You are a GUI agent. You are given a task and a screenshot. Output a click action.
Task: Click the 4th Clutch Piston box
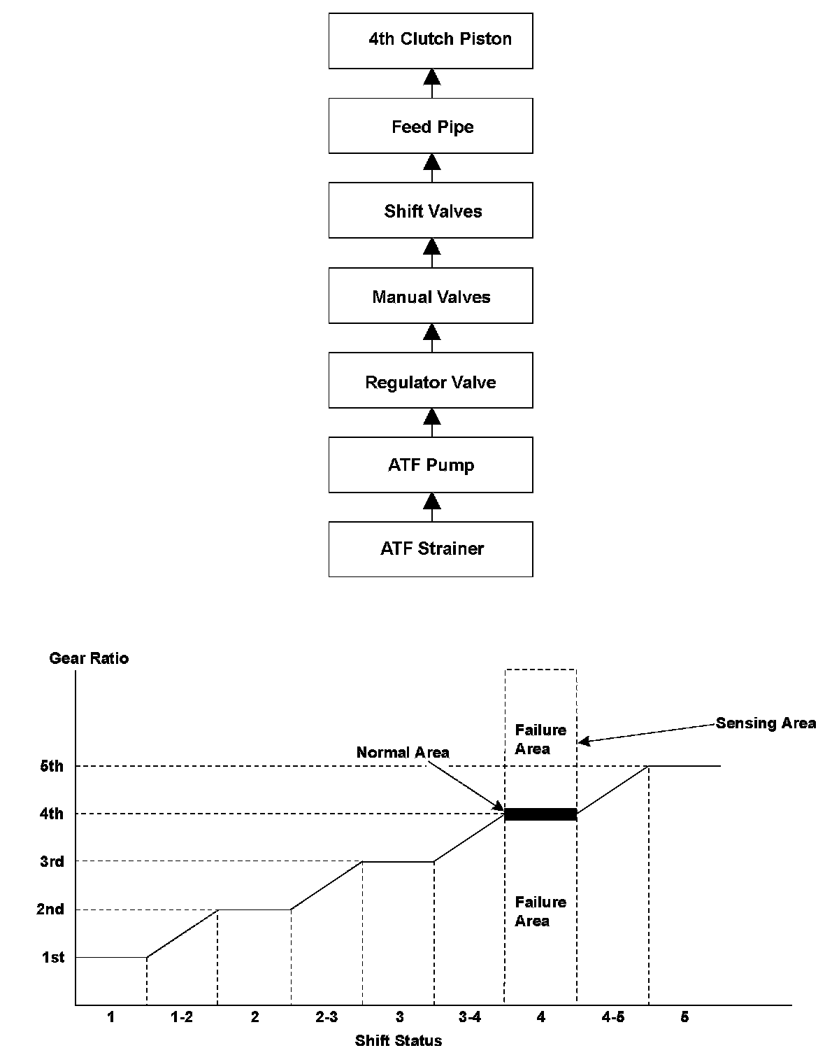431,41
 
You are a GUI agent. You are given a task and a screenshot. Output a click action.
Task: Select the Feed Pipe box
431,126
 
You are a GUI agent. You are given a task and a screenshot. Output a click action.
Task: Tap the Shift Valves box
431,211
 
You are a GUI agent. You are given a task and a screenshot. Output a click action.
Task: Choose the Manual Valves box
431,296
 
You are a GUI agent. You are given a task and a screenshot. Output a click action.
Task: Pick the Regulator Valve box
431,381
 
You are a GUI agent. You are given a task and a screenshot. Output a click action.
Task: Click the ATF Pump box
431,465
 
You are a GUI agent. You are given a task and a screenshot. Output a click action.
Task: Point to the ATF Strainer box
431,549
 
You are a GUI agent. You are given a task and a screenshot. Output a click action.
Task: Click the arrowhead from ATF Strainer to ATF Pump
432,502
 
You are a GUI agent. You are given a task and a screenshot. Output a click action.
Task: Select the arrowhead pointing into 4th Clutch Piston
432,77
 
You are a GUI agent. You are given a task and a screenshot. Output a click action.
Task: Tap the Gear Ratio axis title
89,658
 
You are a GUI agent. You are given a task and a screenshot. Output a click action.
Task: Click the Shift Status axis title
399,1041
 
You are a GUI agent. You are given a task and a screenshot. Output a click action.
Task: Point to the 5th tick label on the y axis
52,766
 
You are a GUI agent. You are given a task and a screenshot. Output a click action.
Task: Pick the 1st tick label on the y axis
53,958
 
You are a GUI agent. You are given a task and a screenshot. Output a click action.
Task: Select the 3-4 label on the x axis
469,1017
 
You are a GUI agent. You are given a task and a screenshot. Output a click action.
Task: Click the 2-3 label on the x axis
327,1017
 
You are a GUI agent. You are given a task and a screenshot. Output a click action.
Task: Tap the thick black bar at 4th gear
540,814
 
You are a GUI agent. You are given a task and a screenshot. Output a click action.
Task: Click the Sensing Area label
766,723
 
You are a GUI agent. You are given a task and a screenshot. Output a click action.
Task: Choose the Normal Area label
403,753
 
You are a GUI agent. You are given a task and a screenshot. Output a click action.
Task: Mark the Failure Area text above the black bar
540,739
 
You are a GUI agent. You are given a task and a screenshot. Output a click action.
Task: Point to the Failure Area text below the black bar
540,912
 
